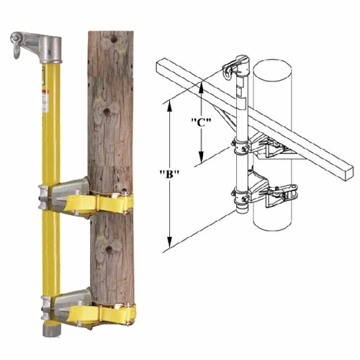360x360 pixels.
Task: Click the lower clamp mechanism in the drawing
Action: (x=277, y=196)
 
